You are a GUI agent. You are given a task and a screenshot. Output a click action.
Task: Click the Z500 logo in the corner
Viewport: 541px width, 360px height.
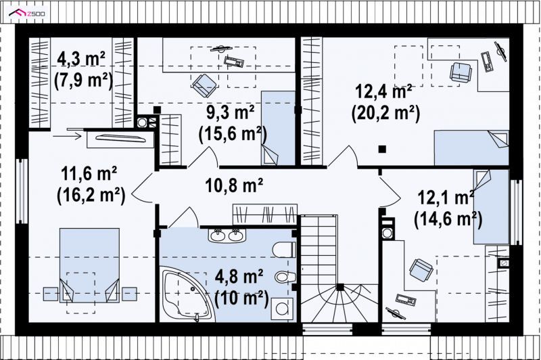pos(28,14)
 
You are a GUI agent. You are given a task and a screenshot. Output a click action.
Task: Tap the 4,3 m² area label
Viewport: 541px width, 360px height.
pos(81,59)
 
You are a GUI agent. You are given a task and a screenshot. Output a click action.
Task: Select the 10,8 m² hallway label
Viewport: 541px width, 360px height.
pos(234,185)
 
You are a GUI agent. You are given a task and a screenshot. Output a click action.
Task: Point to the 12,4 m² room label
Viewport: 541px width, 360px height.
pos(383,92)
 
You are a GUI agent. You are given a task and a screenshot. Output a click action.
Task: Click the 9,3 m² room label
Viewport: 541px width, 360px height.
pos(231,112)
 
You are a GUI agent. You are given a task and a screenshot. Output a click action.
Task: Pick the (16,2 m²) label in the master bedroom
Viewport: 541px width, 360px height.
pos(91,196)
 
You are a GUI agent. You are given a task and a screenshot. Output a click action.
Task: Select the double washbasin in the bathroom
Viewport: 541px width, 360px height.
pos(227,235)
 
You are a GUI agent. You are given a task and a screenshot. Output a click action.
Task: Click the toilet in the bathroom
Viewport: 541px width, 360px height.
pos(284,250)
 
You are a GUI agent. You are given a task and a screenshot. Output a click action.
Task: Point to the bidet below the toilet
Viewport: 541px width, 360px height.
pos(285,277)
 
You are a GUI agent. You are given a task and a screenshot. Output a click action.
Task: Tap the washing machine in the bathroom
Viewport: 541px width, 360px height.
pos(282,309)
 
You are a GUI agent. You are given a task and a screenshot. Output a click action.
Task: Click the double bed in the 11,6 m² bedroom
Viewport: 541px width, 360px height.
pos(90,265)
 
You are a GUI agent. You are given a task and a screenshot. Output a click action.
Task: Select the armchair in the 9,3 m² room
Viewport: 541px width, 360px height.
pos(205,85)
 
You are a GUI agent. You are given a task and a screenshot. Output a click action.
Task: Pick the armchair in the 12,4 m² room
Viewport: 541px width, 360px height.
pos(461,72)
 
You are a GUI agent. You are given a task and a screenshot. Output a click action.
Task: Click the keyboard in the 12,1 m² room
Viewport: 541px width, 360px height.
pos(405,299)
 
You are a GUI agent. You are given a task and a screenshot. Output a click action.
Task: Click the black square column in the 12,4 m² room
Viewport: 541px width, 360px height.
pos(382,149)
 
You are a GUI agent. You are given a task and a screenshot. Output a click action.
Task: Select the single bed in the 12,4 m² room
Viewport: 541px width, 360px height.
pos(471,148)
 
